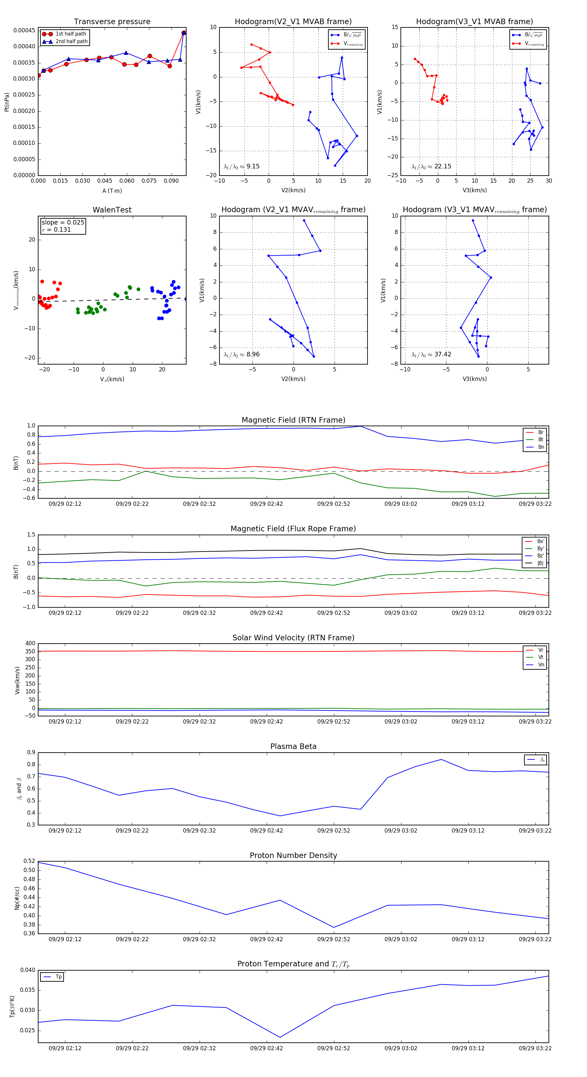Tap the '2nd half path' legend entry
(71, 41)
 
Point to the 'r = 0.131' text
(56, 229)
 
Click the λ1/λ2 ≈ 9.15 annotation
(241, 166)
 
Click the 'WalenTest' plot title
(112, 210)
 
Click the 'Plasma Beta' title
(293, 746)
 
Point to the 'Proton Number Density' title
(293, 855)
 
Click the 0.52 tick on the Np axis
(29, 861)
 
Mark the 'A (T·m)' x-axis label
(112, 191)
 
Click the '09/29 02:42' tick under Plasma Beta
(266, 830)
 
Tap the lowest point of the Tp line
(280, 1037)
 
